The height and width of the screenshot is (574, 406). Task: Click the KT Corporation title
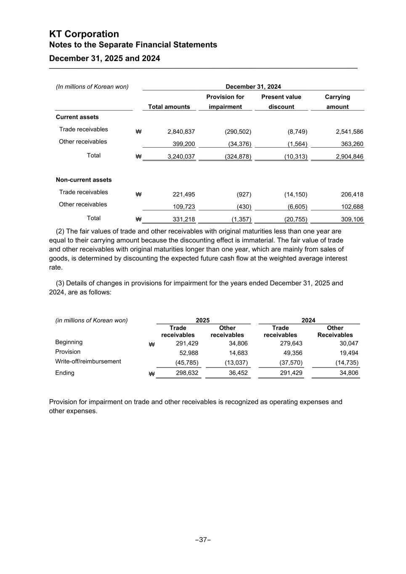coord(84,34)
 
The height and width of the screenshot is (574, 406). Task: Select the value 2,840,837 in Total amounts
coord(181,132)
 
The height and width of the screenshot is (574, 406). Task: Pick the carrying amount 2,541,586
coord(349,132)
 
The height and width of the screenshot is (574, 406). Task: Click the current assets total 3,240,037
coord(181,157)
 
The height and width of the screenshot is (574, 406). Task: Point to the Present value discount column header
coord(281,102)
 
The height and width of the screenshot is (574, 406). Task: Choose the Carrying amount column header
coord(337,102)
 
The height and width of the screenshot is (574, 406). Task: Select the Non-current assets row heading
coord(84,180)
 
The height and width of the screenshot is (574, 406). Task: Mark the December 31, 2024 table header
coord(253,87)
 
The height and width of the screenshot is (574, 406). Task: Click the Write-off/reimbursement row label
coord(88,362)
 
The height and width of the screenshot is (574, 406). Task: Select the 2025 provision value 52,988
coord(188,353)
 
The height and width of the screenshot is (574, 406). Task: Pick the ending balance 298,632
coord(187,373)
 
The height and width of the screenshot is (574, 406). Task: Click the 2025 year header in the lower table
coord(203,320)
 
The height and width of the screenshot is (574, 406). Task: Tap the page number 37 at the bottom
coord(203,540)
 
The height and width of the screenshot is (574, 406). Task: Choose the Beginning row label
coord(69,342)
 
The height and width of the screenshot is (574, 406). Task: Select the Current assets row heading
coord(77,117)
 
